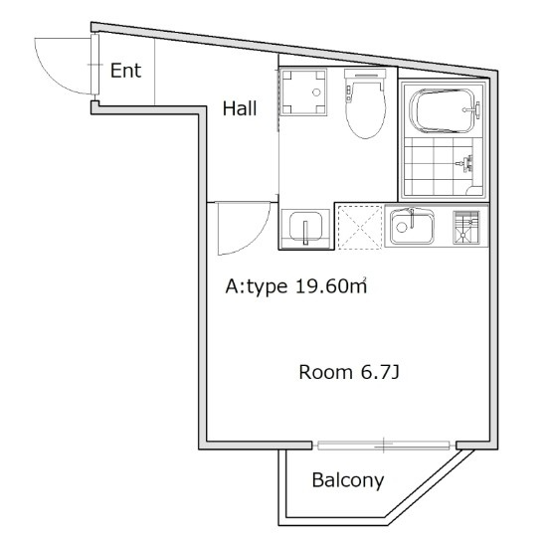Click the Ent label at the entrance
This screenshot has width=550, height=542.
click(125, 71)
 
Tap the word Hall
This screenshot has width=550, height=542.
click(240, 108)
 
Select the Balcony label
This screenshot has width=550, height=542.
click(348, 480)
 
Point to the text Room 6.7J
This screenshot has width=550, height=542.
click(349, 372)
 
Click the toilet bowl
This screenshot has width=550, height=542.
click(365, 109)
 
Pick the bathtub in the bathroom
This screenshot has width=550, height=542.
click(444, 111)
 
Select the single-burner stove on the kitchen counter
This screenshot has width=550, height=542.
click(465, 227)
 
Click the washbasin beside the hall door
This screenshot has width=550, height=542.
click(305, 228)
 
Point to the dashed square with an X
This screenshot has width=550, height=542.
click(359, 228)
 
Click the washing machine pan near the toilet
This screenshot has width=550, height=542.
click(303, 91)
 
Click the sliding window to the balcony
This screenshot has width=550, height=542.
click(384, 446)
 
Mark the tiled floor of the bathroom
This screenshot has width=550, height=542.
click(439, 166)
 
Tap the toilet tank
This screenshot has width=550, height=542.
click(365, 75)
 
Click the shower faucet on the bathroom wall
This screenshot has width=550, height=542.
click(465, 163)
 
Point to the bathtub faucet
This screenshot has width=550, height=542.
click(472, 109)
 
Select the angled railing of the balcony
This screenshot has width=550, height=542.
click(431, 486)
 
